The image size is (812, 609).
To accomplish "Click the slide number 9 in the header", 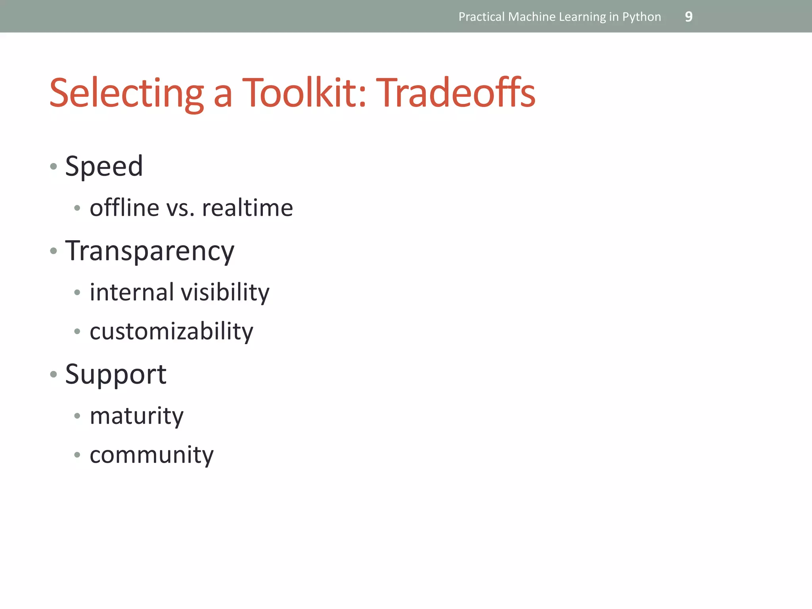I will tap(689, 17).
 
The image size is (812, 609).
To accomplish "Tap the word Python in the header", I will tap(642, 17).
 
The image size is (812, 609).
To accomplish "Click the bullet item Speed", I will tap(104, 166).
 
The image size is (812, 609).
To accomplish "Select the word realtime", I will tap(247, 208).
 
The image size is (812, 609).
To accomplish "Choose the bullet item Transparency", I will tap(150, 251).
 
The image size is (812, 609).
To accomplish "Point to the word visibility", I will tap(225, 293).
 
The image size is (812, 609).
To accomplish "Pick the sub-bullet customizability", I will tap(171, 331).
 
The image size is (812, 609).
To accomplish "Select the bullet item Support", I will tap(116, 375).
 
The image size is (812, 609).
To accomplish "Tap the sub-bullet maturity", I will tap(137, 416).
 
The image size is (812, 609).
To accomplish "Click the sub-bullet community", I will tap(151, 455).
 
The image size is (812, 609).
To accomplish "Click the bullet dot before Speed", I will tap(54, 167).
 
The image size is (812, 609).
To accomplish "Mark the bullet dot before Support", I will tap(54, 374).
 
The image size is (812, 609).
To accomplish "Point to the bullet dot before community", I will tap(77, 455).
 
